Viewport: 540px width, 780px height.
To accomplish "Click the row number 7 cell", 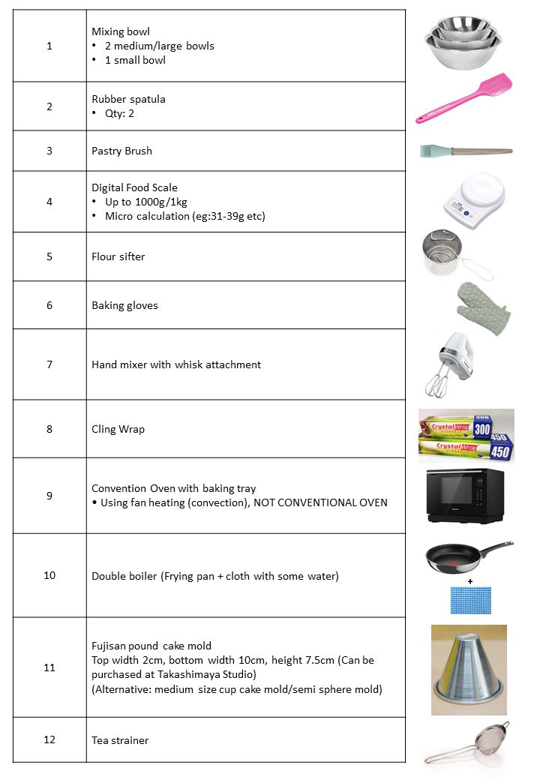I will pyautogui.click(x=49, y=364).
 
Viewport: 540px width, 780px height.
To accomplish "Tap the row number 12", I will pyautogui.click(x=49, y=739).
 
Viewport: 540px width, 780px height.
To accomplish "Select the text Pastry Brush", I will pyautogui.click(x=121, y=151).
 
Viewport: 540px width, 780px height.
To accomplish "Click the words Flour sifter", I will pyautogui.click(x=118, y=256).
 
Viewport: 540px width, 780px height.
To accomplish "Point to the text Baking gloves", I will pyautogui.click(x=124, y=305).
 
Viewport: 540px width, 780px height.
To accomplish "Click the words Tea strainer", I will pyautogui.click(x=120, y=740).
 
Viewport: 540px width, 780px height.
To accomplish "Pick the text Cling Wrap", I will pyautogui.click(x=118, y=429).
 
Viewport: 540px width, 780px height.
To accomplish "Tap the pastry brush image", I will pyautogui.click(x=465, y=151).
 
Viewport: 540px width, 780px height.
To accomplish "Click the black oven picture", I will pyautogui.click(x=465, y=494).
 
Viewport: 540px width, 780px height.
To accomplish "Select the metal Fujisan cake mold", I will pyautogui.click(x=469, y=670).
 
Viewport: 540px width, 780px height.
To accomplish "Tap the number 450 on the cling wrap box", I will pyautogui.click(x=500, y=450).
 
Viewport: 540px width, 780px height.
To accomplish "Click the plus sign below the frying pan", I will pyautogui.click(x=470, y=580).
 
